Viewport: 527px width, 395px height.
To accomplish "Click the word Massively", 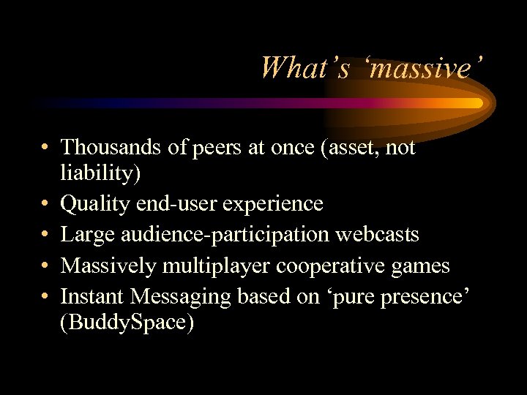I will coord(108,266).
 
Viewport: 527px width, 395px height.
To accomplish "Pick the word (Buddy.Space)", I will coord(128,323).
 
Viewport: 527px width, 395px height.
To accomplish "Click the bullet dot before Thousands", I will coord(45,148).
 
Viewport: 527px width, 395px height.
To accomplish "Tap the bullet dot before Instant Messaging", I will coord(45,296).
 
